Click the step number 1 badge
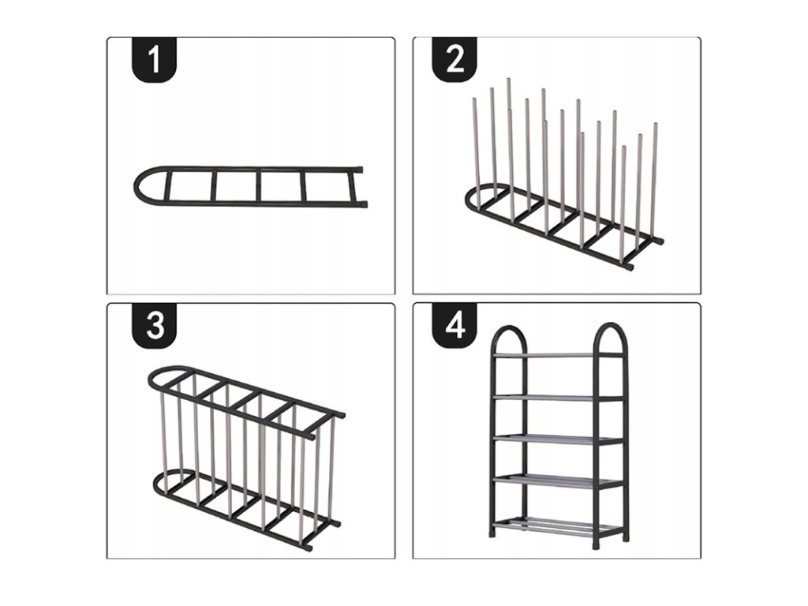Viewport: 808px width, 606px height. (x=155, y=59)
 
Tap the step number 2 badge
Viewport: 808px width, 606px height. (x=454, y=59)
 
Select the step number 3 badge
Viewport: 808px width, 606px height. (x=155, y=326)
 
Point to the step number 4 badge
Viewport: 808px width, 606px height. (x=454, y=326)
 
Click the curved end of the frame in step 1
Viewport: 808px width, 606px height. (x=137, y=185)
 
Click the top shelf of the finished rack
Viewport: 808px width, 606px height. (x=559, y=356)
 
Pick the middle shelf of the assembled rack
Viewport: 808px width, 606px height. (x=559, y=439)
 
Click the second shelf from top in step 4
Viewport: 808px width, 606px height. (x=559, y=398)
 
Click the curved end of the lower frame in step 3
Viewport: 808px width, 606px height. (x=157, y=484)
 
